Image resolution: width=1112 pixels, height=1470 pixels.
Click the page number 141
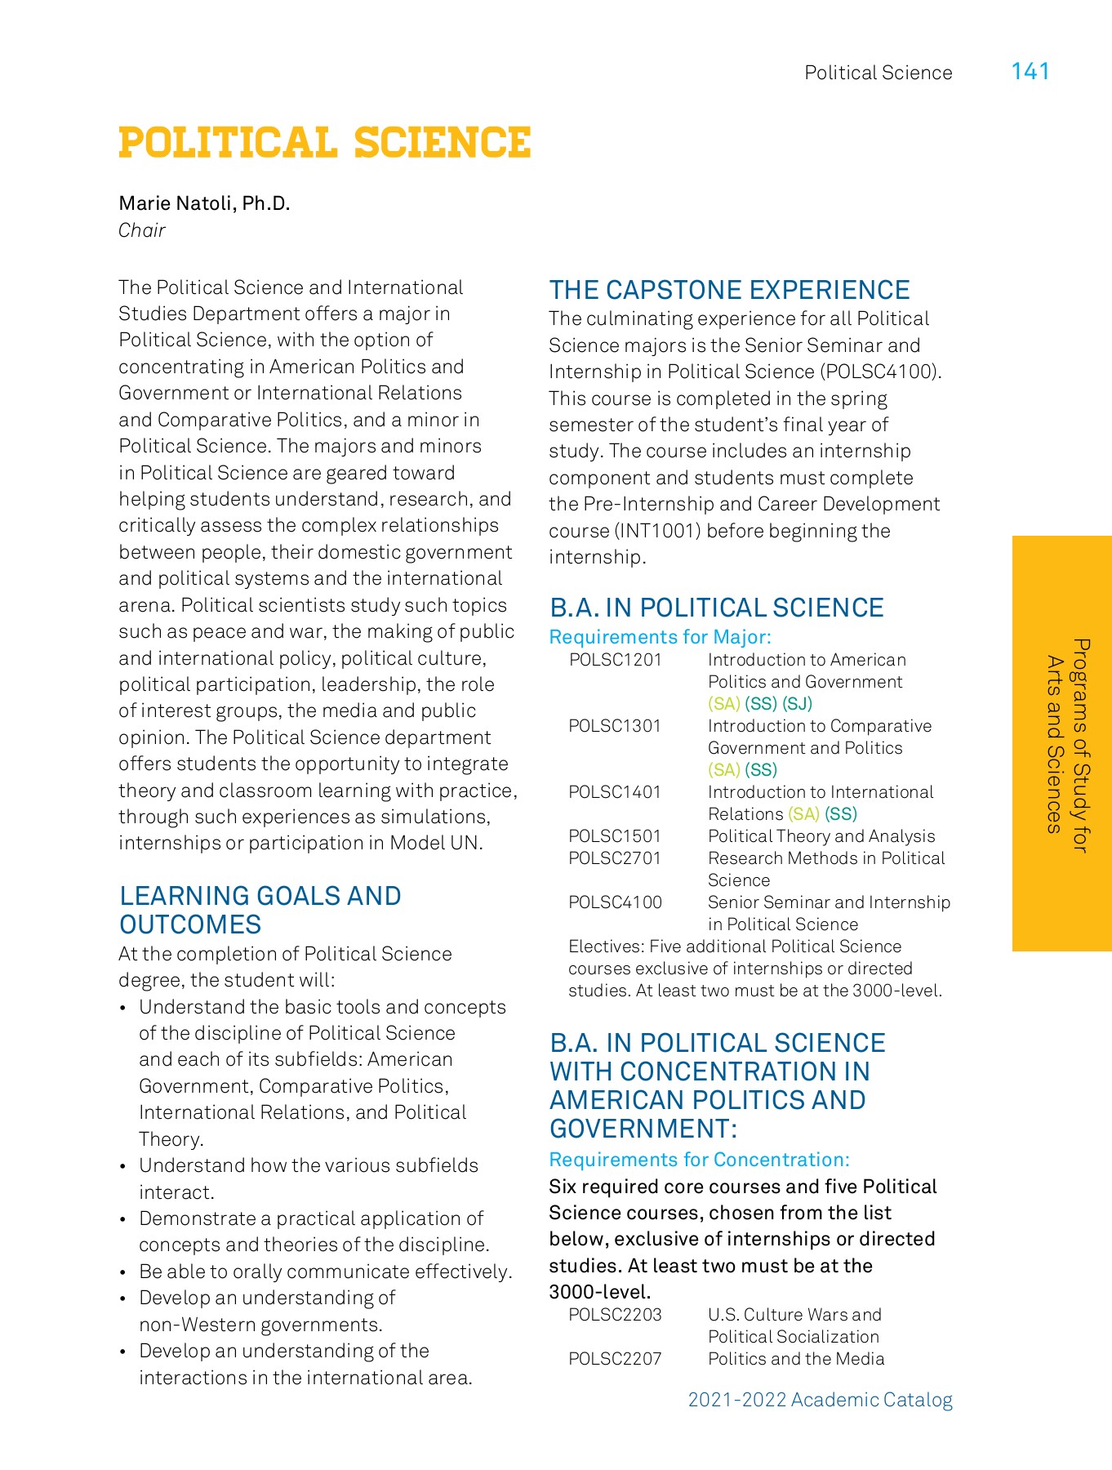[x=1030, y=72]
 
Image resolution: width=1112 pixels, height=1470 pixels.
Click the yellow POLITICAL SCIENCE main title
[x=325, y=143]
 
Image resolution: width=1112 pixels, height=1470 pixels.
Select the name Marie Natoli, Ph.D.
[x=204, y=203]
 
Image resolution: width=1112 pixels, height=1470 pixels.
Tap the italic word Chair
[x=142, y=230]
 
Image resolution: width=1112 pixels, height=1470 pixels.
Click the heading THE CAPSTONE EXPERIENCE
[x=729, y=290]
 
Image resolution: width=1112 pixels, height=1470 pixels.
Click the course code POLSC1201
[x=615, y=660]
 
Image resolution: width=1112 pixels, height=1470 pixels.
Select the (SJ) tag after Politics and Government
[x=797, y=704]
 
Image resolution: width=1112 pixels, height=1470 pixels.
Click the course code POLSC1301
[x=615, y=726]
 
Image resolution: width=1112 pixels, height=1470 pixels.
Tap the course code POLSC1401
[x=615, y=792]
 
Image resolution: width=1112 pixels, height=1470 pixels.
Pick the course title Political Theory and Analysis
[x=821, y=836]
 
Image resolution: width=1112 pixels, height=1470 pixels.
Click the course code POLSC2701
[x=615, y=858]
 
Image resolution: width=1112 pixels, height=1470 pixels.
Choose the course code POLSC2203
[x=615, y=1315]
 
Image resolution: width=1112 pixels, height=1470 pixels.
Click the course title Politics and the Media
[x=796, y=1359]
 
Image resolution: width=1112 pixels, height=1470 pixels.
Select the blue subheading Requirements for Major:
[x=660, y=637]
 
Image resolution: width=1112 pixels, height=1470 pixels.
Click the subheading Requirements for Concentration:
[x=699, y=1160]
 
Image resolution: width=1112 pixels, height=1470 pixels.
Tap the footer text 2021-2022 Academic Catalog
[x=820, y=1400]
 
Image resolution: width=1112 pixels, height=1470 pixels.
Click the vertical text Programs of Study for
[x=1080, y=745]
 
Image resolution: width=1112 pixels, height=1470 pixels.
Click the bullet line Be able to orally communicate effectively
[x=325, y=1272]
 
